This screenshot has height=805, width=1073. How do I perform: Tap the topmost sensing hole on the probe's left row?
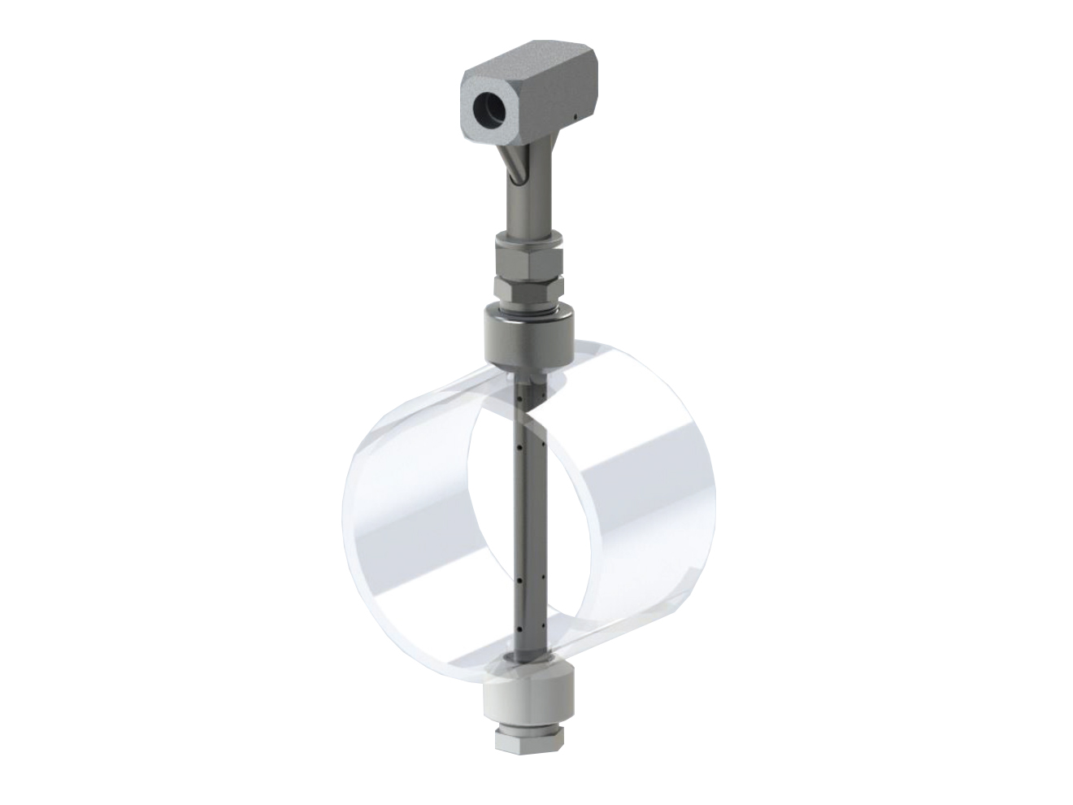click(520, 398)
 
